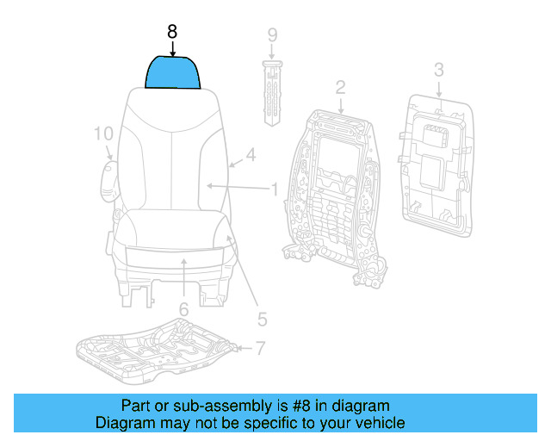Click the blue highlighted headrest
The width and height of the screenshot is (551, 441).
pyautogui.click(x=173, y=72)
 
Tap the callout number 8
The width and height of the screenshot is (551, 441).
pyautogui.click(x=172, y=32)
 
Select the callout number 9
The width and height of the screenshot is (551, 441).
pyautogui.click(x=272, y=35)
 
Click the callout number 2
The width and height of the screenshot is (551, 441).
pyautogui.click(x=340, y=87)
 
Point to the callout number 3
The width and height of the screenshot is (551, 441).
pyautogui.click(x=438, y=70)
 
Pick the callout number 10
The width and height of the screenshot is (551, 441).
pyautogui.click(x=103, y=134)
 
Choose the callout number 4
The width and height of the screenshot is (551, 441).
pyautogui.click(x=251, y=156)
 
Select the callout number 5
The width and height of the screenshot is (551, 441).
pyautogui.click(x=263, y=320)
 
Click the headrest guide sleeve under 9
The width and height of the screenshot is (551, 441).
pyautogui.click(x=272, y=90)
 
